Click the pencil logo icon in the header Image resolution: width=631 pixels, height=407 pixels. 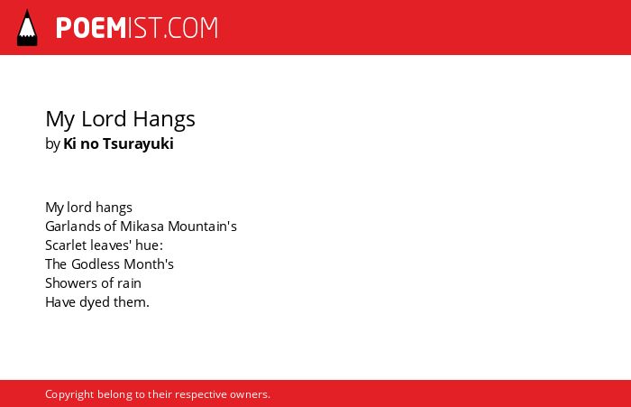pyautogui.click(x=27, y=28)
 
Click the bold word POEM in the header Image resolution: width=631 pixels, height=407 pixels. pyautogui.click(x=91, y=28)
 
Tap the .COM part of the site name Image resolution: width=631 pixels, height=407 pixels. pyautogui.click(x=191, y=28)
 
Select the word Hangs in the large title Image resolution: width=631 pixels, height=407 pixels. pyautogui.click(x=164, y=120)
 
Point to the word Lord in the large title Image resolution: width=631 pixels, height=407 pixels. pyautogui.click(x=104, y=119)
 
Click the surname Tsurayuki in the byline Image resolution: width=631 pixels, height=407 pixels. pyautogui.click(x=138, y=144)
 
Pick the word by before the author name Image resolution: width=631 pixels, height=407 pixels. pyautogui.click(x=52, y=144)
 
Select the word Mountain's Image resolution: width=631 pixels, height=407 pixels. pyautogui.click(x=202, y=227)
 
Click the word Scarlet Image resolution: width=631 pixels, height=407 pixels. pyautogui.click(x=63, y=245)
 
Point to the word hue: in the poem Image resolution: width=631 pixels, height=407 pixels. pyautogui.click(x=150, y=245)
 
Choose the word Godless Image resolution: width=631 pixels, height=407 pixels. pyautogui.click(x=96, y=264)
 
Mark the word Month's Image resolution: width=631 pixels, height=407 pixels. pyautogui.click(x=149, y=264)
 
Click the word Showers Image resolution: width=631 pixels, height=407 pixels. pyautogui.click(x=71, y=283)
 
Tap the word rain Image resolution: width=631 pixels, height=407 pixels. pyautogui.click(x=129, y=283)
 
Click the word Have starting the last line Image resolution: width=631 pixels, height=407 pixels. pyautogui.click(x=60, y=302)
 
